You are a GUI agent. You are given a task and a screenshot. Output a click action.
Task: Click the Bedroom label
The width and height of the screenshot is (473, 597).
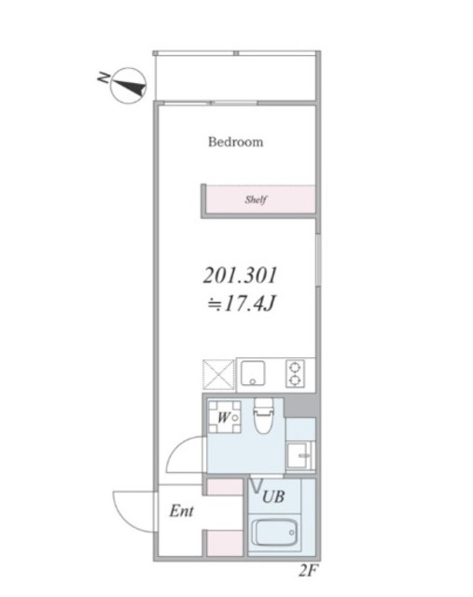pyautogui.click(x=235, y=142)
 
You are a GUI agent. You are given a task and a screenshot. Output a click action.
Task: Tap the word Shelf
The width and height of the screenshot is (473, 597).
pyautogui.click(x=256, y=199)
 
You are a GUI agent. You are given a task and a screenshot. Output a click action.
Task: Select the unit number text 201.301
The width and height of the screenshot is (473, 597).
pyautogui.click(x=240, y=275)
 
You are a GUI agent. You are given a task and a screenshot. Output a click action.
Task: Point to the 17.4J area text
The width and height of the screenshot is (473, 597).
pyautogui.click(x=241, y=304)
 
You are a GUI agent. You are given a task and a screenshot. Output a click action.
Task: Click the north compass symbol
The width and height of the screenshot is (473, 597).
pyautogui.click(x=129, y=86)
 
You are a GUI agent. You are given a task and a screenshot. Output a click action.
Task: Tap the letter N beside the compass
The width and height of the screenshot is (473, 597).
pyautogui.click(x=103, y=77)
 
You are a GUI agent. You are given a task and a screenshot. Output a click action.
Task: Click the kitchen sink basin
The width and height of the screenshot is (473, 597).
pyautogui.click(x=253, y=373)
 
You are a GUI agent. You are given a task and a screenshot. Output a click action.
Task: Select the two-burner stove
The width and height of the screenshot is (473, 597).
pyautogui.click(x=296, y=373)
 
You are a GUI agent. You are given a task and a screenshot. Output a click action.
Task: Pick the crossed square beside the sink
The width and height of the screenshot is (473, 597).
pyautogui.click(x=218, y=375)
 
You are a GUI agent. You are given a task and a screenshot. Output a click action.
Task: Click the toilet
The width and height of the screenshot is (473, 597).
pyautogui.click(x=263, y=415)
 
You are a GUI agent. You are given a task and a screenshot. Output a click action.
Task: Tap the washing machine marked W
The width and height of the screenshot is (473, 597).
pyautogui.click(x=225, y=417)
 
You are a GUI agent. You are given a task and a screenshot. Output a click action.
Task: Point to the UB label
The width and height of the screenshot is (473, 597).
pyautogui.click(x=273, y=496)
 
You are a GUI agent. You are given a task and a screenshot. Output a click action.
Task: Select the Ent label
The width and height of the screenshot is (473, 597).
pyautogui.click(x=181, y=511)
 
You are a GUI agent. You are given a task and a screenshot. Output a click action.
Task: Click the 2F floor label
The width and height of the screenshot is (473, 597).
pyautogui.click(x=308, y=571)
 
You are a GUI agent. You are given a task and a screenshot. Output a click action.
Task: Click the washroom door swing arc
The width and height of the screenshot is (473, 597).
pyautogui.click(x=176, y=447)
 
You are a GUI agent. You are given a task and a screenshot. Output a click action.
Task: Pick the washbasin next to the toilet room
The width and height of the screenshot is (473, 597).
pyautogui.click(x=299, y=455)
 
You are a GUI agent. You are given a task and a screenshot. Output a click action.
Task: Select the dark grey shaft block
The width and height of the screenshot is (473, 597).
pyautogui.click(x=300, y=407)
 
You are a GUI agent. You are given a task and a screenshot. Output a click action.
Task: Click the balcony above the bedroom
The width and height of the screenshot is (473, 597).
pyautogui.click(x=236, y=77)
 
